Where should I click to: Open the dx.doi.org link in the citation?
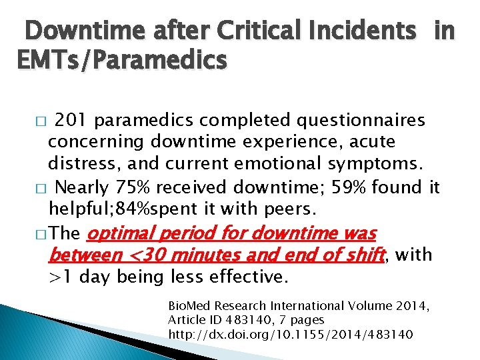point(291,333)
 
